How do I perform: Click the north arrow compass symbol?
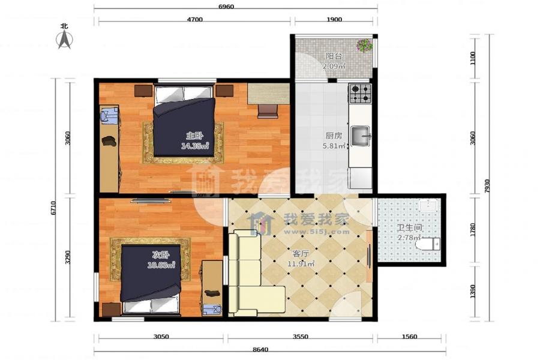[64, 39]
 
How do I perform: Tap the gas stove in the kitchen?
[360, 93]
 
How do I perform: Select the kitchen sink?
[361, 136]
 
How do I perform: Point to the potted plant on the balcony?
[364, 45]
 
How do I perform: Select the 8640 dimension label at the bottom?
[260, 349]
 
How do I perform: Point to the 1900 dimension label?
[334, 20]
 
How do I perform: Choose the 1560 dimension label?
[409, 337]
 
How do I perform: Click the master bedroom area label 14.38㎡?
[195, 146]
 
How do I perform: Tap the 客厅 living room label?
[301, 254]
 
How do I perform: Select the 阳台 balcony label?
[334, 56]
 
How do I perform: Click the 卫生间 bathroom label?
[409, 228]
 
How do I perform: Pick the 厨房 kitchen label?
[334, 136]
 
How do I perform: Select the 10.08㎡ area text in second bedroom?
[161, 265]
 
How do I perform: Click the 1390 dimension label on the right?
[473, 292]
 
